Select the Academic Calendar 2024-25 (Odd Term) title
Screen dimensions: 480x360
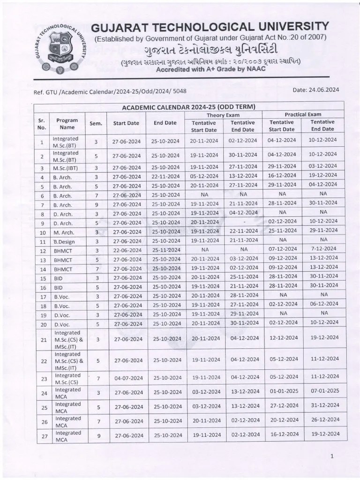pyautogui.click(x=188, y=107)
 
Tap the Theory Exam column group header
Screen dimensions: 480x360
pyautogui.click(x=223, y=115)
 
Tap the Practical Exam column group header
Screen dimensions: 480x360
pyautogui.click(x=303, y=114)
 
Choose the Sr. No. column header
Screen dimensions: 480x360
pyautogui.click(x=42, y=123)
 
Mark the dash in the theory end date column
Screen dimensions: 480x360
pyautogui.click(x=243, y=222)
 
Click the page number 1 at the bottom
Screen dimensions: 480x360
pyautogui.click(x=331, y=455)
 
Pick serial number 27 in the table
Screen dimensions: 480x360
pyautogui.click(x=43, y=436)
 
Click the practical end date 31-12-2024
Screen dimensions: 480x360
pyautogui.click(x=324, y=406)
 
